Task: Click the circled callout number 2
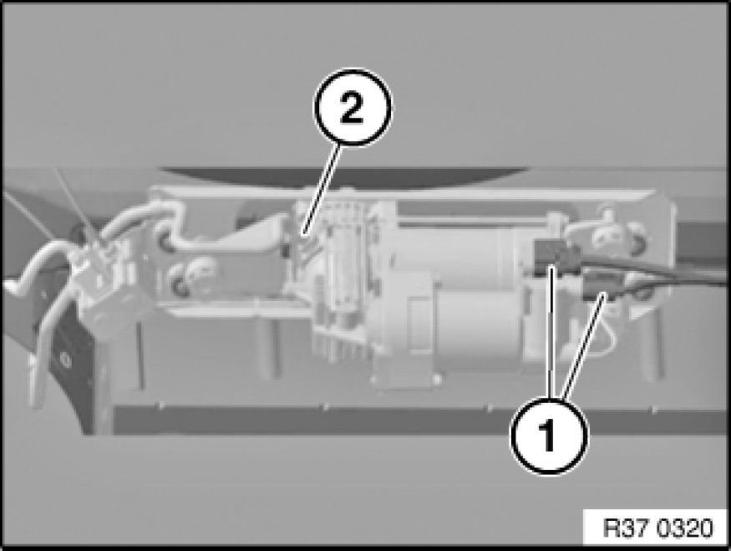pos(353,108)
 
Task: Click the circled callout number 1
pos(550,436)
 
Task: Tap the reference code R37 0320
pos(657,528)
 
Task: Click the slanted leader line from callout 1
pos(584,345)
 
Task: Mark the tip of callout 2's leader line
pos(302,234)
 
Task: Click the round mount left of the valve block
pos(190,273)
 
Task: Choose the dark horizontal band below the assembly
pos(419,421)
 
